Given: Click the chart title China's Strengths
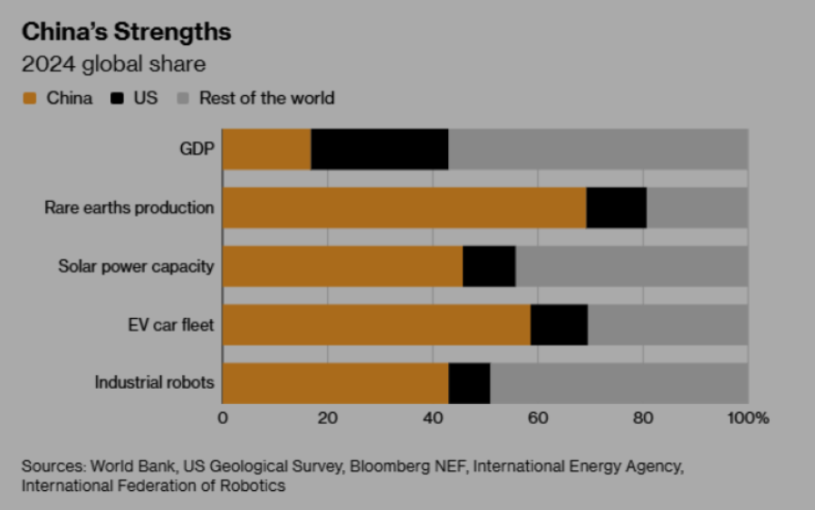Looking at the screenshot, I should click(x=127, y=33).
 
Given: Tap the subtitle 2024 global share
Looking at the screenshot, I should click(x=114, y=64).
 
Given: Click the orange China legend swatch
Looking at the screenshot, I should click(x=29, y=98).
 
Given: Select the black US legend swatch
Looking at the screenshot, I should click(x=117, y=98).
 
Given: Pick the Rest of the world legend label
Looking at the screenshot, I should click(x=266, y=98).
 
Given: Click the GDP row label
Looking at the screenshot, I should click(x=197, y=149).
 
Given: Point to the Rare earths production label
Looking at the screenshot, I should click(x=129, y=207).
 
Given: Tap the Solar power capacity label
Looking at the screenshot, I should click(x=136, y=266).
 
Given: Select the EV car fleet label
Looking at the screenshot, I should click(x=171, y=324).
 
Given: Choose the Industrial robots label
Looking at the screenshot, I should click(x=154, y=382).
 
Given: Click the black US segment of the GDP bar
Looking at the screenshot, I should click(x=379, y=149).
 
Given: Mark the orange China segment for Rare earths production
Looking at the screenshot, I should click(x=404, y=207).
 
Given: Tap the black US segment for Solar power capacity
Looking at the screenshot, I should click(x=489, y=266).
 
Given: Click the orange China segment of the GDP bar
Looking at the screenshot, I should click(x=266, y=149).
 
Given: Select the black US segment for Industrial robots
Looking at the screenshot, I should click(x=469, y=382).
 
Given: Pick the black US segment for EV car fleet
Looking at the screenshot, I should click(x=559, y=324).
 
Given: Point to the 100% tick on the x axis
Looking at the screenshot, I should click(x=748, y=419).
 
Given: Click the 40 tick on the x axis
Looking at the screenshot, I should click(x=433, y=419).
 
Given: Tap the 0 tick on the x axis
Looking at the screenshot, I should click(x=223, y=419).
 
